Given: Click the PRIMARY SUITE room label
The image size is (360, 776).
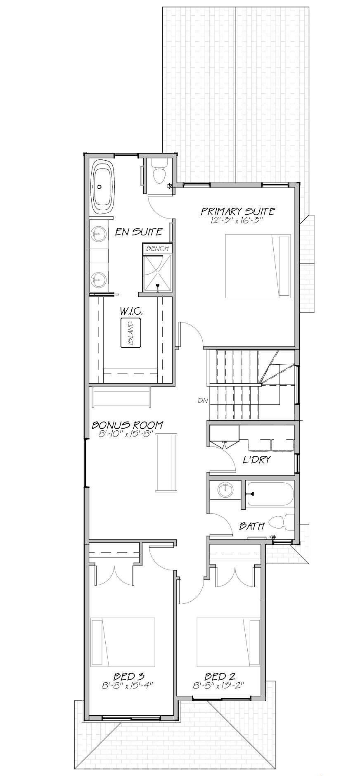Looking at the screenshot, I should (238, 211).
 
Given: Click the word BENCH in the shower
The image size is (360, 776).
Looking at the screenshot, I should (157, 249).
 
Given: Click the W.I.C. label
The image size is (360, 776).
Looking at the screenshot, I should (132, 312).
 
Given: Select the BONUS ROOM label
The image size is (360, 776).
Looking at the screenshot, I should (127, 425).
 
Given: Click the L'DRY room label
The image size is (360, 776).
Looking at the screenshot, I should (256, 460).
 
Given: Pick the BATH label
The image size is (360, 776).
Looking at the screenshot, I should (252, 526).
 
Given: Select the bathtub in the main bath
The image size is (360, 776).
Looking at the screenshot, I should (270, 494).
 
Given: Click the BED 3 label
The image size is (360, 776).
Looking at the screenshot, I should (128, 676).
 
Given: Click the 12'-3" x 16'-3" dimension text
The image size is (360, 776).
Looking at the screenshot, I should (237, 221).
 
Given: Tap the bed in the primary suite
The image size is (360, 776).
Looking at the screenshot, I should (258, 266).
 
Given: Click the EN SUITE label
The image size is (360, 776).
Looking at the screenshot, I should (138, 232).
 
